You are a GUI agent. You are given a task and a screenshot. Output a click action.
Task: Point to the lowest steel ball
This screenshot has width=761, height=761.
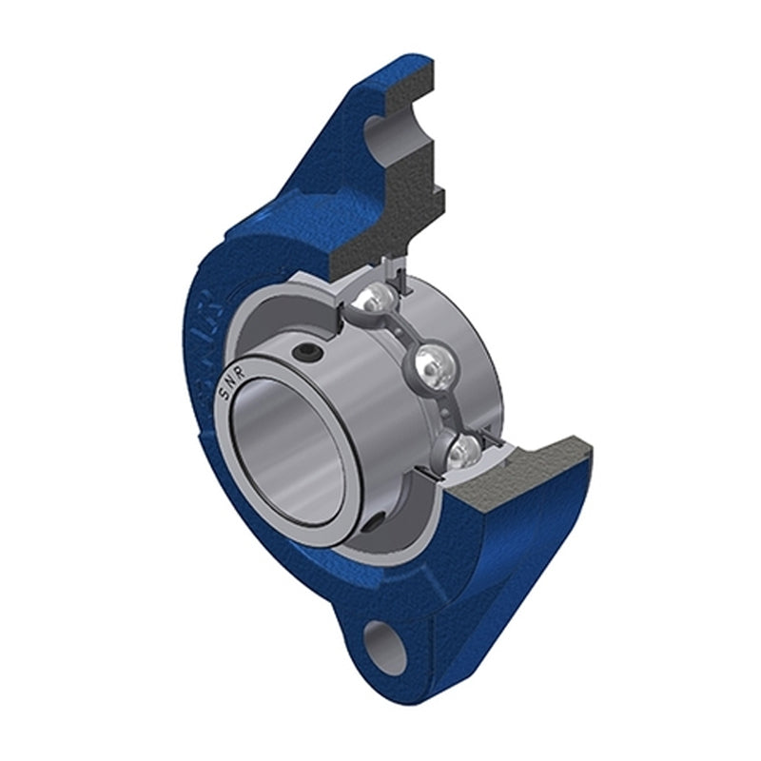459,448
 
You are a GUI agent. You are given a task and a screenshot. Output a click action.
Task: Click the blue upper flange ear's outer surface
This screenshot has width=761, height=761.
314,162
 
